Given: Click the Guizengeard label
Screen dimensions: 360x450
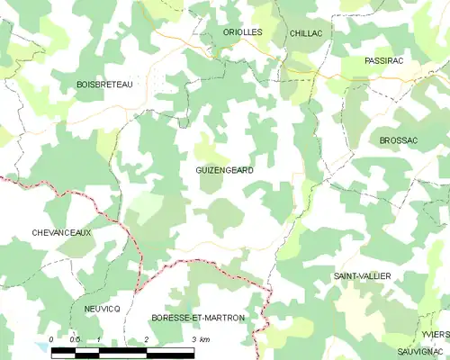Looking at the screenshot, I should [x=224, y=170].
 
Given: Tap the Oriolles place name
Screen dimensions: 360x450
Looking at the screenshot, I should [x=243, y=31].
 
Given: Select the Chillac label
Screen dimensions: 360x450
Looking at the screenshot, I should [x=307, y=32].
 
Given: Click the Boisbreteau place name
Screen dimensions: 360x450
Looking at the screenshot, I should [x=104, y=84].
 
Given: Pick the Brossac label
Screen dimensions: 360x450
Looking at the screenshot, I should [x=400, y=141].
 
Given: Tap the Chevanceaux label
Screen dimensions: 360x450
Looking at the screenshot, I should [x=62, y=232].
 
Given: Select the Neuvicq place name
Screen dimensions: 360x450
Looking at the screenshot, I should [x=103, y=308].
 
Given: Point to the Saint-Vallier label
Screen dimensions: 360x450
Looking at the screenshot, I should [x=361, y=275].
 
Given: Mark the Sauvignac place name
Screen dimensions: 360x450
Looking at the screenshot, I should [x=421, y=349].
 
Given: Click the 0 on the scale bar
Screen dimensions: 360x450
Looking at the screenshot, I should [x=52, y=339].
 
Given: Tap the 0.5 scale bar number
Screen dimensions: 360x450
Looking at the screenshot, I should [x=76, y=339].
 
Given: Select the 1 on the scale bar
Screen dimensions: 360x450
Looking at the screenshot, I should [x=99, y=339].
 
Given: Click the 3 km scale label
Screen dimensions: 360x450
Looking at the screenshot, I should [x=200, y=339].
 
